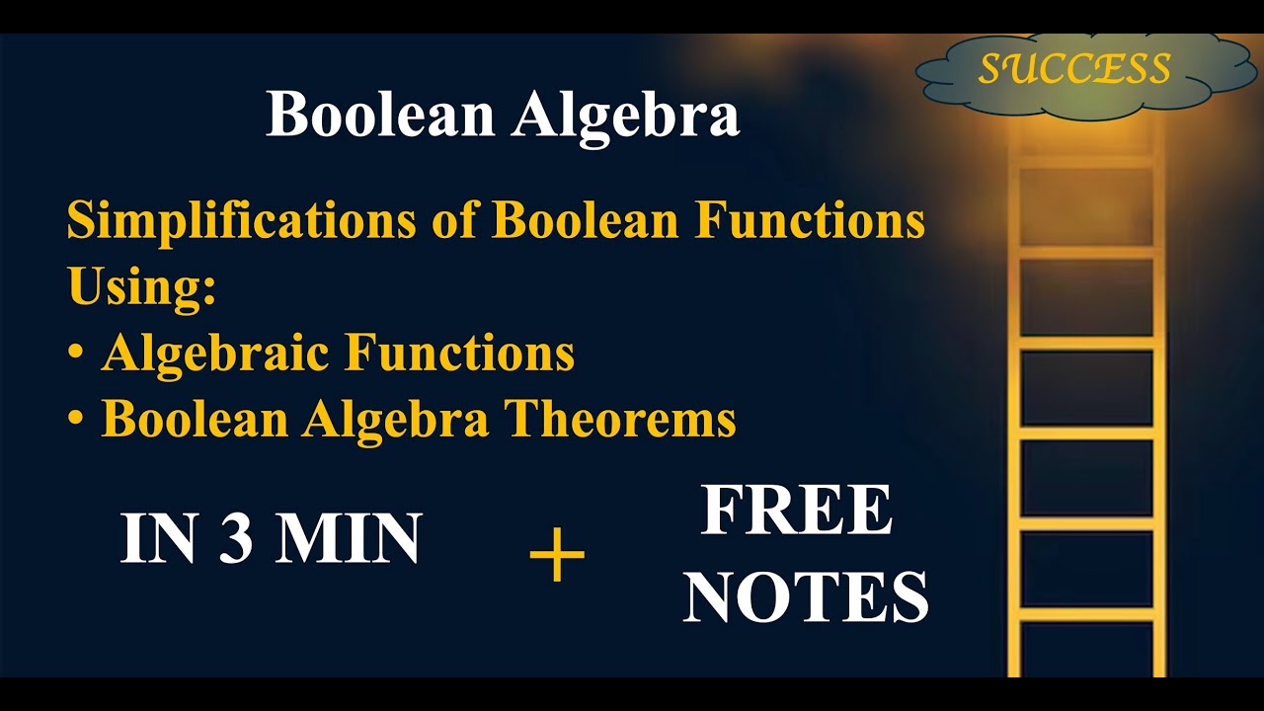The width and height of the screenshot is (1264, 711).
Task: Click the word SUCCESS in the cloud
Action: [x=1074, y=68]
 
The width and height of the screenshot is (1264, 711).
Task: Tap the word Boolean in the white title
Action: [x=379, y=115]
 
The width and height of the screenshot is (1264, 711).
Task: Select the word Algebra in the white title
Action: [x=625, y=117]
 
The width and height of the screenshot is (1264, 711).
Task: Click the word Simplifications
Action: [x=241, y=221]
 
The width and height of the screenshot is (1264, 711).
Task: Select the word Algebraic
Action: [x=214, y=354]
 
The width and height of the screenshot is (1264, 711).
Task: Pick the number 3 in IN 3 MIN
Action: [x=235, y=539]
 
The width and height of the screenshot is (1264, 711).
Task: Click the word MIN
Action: [x=349, y=539]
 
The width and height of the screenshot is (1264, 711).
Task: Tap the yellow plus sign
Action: [x=557, y=555]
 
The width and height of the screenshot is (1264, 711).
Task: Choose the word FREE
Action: [x=796, y=511]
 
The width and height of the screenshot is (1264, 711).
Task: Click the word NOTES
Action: [x=806, y=596]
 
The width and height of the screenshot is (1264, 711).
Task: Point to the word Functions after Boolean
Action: [x=810, y=221]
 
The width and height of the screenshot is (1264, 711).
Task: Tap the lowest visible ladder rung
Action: [x=1086, y=615]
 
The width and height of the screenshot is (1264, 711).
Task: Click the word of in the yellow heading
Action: [x=454, y=221]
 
